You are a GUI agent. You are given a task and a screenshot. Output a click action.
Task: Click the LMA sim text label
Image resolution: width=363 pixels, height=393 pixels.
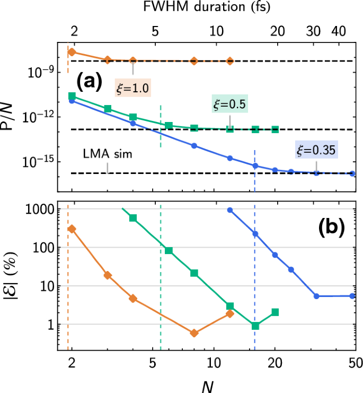(107, 154)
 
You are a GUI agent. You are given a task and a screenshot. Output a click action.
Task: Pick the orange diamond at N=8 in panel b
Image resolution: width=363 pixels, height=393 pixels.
(194, 333)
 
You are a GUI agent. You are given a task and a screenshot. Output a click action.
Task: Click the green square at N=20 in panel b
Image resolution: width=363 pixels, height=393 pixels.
(275, 312)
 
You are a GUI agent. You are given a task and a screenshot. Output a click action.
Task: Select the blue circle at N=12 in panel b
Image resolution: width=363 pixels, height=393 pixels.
(229, 210)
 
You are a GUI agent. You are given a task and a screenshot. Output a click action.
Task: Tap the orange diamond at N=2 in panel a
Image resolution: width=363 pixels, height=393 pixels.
(72, 52)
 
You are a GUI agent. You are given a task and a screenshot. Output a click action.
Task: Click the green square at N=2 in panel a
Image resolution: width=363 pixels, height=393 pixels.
(72, 96)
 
